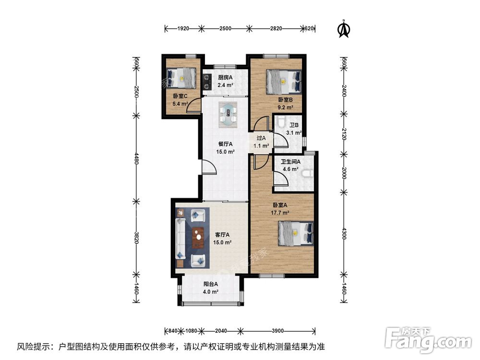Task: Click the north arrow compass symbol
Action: click(344, 29)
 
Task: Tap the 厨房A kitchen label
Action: click(225, 77)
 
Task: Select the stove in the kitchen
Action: click(207, 82)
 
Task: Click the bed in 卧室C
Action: click(181, 78)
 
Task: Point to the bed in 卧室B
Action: click(284, 82)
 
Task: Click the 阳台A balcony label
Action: click(211, 284)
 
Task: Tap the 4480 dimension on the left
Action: click(136, 158)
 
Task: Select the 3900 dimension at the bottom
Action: click(277, 331)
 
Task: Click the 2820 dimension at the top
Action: click(276, 28)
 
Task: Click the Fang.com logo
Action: click(428, 339)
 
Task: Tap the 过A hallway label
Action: click(261, 138)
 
